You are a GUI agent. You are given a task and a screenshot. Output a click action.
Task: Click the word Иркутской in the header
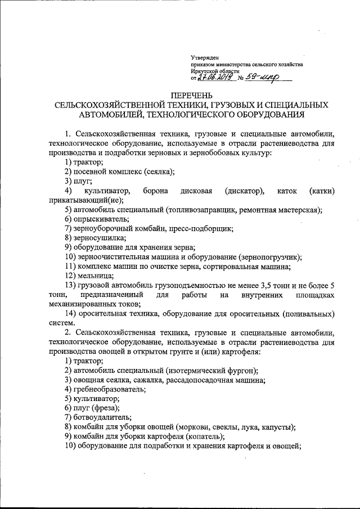click(x=206, y=71)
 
